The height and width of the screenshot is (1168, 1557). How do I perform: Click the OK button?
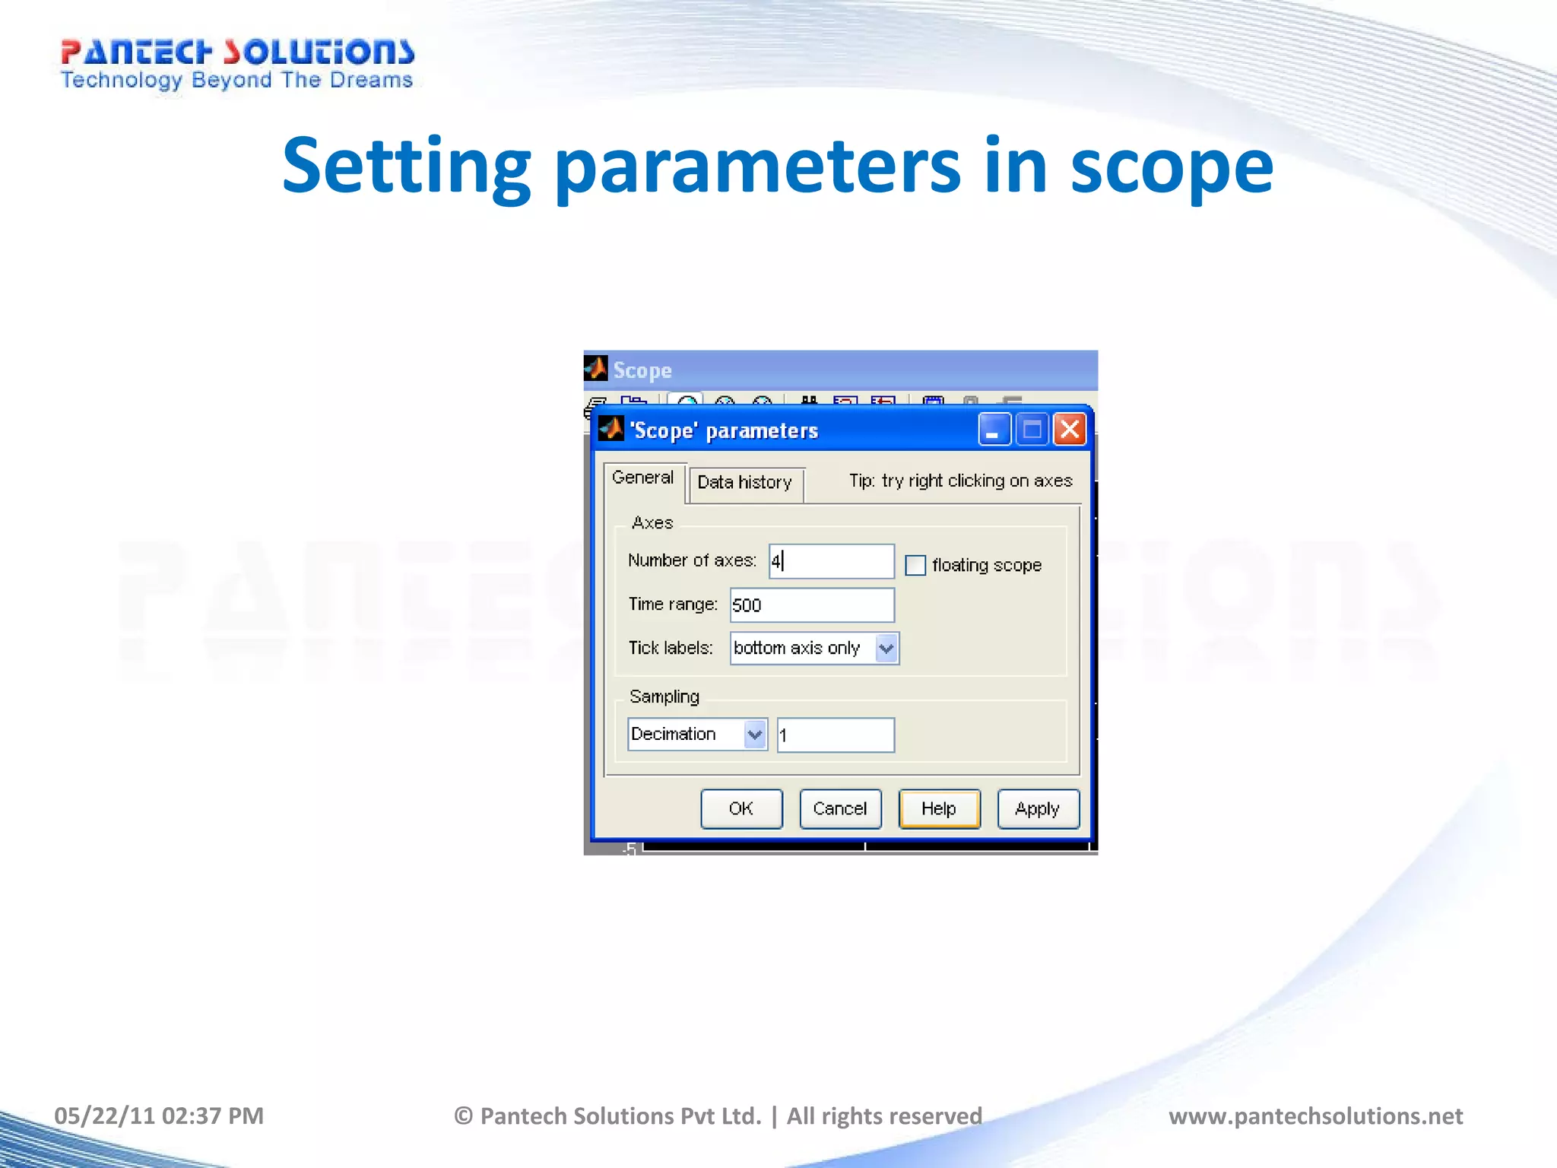741,808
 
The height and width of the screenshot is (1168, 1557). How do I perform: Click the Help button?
939,808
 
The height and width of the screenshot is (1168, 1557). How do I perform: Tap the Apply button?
1038,808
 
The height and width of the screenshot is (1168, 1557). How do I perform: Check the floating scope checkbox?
915,565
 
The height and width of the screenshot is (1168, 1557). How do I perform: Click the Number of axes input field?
832,561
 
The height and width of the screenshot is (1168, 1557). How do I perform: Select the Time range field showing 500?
812,605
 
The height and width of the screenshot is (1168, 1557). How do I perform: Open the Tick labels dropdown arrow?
886,649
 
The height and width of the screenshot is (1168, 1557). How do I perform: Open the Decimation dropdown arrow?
754,735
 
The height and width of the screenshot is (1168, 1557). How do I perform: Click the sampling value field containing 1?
836,735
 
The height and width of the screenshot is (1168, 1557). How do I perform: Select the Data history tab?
745,483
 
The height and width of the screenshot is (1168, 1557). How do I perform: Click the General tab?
643,478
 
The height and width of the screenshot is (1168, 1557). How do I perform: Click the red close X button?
1070,430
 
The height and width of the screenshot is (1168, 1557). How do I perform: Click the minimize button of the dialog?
994,430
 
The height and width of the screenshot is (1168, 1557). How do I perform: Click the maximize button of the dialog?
1032,430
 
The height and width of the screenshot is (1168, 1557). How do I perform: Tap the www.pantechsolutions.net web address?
1315,1116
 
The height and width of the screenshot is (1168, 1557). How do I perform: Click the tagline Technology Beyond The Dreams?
237,81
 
